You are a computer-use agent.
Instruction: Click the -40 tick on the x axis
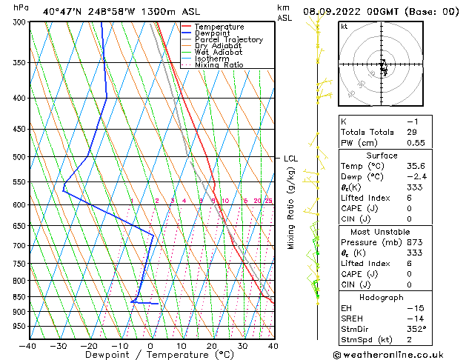click(x=28, y=345)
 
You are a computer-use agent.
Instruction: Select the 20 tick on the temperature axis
click(x=212, y=345)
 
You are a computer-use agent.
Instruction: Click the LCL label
click(x=290, y=159)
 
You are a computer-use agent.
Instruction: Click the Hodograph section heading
click(x=382, y=297)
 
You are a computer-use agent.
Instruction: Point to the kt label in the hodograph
click(x=344, y=27)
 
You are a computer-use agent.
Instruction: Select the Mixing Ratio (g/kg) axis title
click(x=292, y=208)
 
